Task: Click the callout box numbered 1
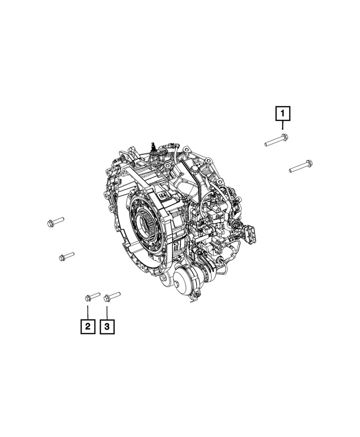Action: [x=283, y=114]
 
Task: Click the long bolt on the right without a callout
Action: [x=301, y=166]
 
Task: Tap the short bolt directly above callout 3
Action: [x=112, y=296]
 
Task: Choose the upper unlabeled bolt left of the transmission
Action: [x=55, y=221]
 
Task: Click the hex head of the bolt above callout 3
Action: [x=107, y=299]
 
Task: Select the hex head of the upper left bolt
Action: [x=50, y=223]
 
